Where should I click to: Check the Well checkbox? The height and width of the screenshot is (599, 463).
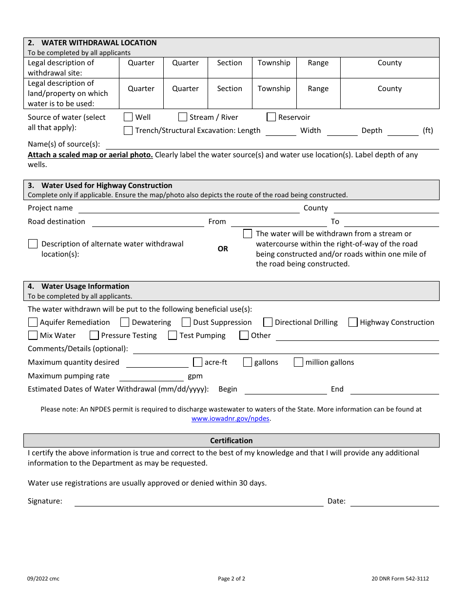[128, 117]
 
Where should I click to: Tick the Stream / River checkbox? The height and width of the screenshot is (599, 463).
[183, 117]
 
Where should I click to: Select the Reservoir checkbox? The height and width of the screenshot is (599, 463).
[271, 117]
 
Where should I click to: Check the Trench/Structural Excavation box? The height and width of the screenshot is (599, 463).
[128, 130]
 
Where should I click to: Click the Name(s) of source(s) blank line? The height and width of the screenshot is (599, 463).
[272, 145]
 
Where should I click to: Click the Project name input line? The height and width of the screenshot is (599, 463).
[189, 209]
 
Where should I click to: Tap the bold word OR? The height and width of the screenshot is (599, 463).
[223, 249]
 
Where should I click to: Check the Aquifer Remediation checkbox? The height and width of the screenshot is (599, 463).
[33, 322]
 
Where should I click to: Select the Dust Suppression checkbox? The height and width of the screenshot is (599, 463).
[186, 322]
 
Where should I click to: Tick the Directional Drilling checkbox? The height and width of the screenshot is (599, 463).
[268, 322]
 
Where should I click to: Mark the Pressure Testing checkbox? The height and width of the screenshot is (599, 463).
[94, 336]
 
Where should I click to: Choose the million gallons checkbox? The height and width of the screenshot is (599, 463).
[298, 362]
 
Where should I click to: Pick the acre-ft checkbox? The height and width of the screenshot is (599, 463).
[197, 362]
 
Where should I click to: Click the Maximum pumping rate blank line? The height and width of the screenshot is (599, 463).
[151, 377]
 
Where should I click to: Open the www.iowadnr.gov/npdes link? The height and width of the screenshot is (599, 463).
[231, 419]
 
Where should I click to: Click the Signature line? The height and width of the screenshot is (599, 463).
[198, 502]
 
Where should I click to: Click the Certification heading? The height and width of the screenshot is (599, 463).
[231, 441]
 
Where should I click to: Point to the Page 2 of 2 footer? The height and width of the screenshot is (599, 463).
[231, 579]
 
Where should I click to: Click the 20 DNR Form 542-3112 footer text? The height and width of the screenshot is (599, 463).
[400, 579]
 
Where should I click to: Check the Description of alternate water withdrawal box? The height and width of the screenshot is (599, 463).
[33, 244]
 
